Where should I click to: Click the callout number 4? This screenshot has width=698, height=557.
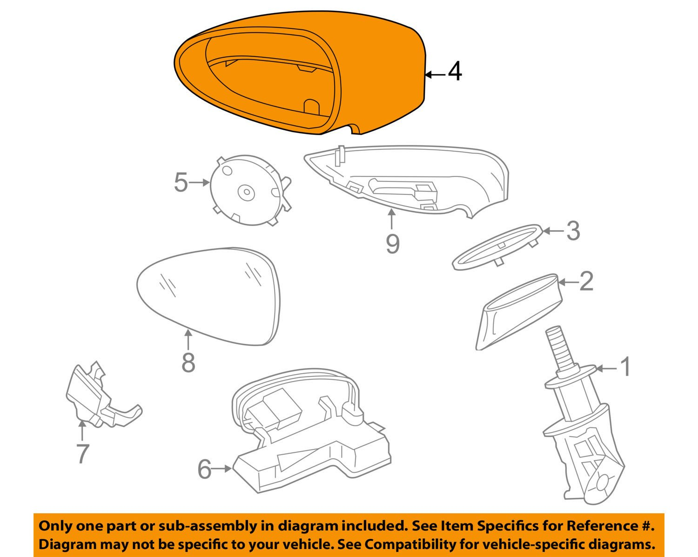454,73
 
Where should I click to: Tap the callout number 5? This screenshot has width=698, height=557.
181,182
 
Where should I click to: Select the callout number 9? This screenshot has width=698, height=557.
392,243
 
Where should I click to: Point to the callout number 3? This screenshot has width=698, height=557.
572,230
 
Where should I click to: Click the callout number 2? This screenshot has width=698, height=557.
586,282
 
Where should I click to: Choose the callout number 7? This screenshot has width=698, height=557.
82,453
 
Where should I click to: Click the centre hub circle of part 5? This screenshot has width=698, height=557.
245,192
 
